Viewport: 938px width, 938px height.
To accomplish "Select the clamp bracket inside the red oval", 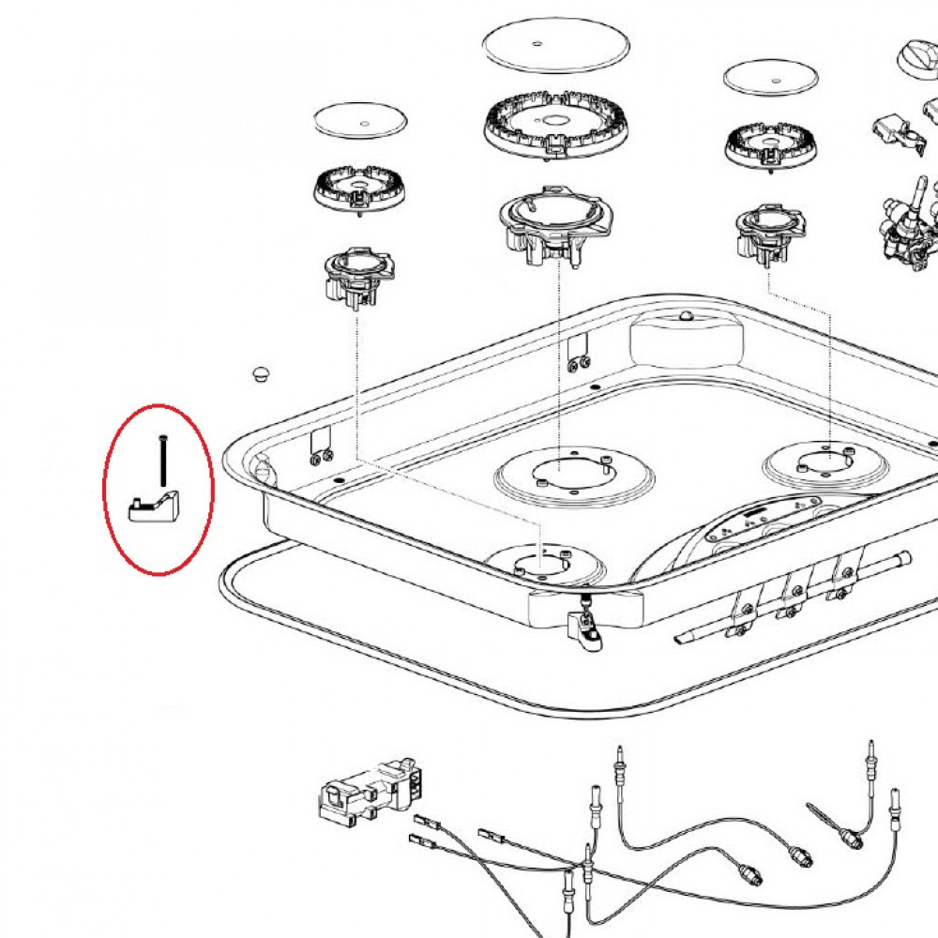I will tap(154, 507).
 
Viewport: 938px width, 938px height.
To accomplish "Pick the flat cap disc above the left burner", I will tap(361, 120).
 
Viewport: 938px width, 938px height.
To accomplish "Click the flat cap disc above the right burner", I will tap(771, 78).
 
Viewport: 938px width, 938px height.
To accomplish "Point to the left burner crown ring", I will tap(358, 192).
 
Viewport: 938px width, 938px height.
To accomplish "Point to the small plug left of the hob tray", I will tap(260, 374).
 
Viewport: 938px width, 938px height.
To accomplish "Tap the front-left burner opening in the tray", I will tap(545, 564).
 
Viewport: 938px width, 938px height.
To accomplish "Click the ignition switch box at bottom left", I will tap(366, 796).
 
